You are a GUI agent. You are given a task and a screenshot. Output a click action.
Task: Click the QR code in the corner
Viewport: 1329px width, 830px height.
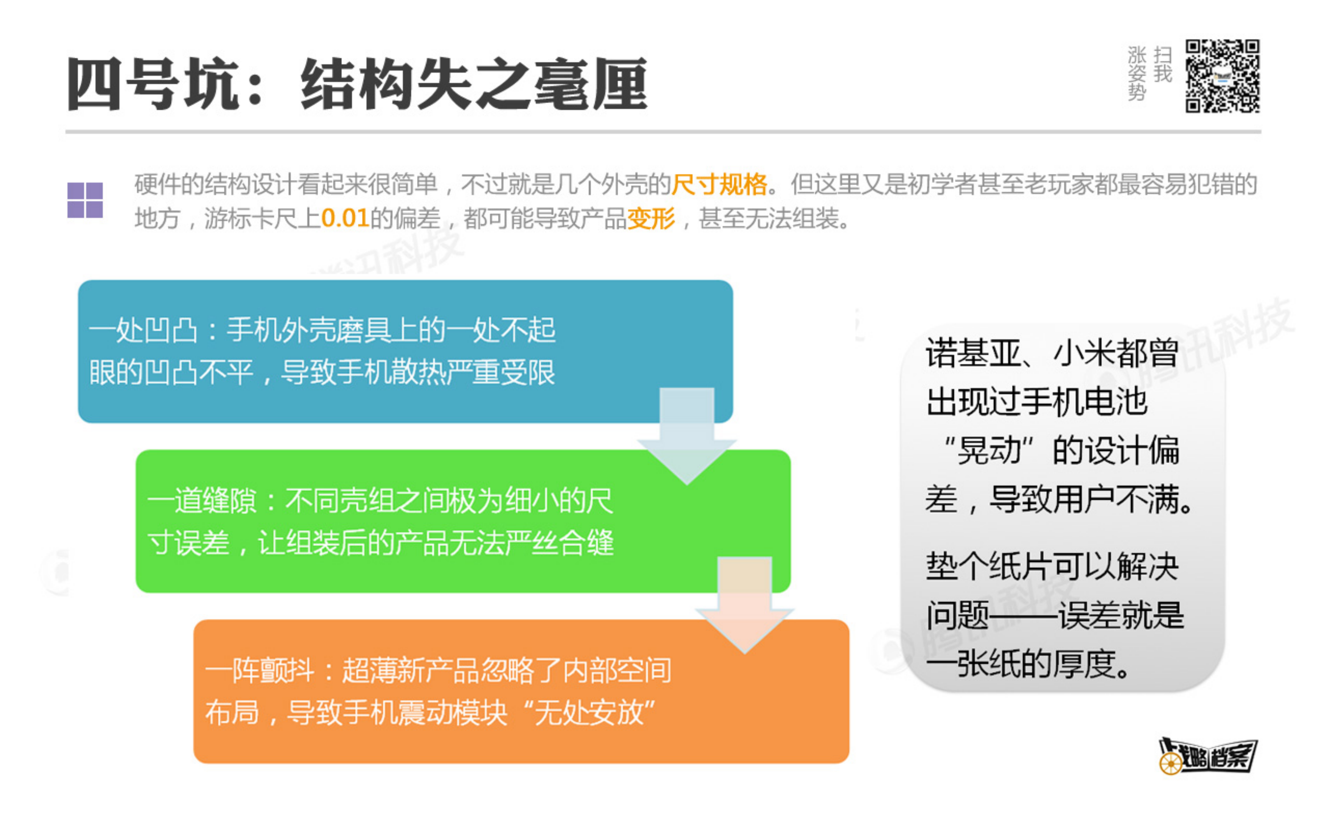tap(1222, 76)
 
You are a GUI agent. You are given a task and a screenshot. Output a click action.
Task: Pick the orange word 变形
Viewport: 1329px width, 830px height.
tap(651, 218)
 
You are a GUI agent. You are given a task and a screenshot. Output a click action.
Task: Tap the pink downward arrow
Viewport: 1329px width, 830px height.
tap(745, 604)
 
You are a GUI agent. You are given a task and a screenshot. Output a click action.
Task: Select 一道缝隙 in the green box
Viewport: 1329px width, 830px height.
tap(202, 501)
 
